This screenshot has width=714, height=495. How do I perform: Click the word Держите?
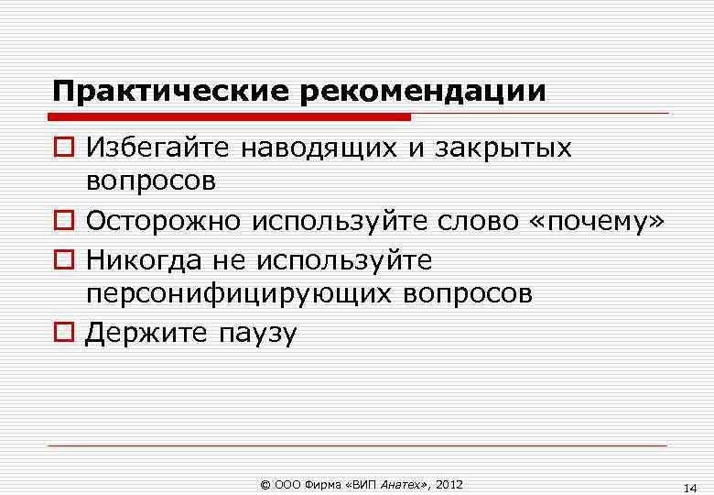click(146, 332)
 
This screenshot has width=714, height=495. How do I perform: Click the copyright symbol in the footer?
click(265, 484)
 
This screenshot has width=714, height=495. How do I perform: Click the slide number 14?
click(690, 487)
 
